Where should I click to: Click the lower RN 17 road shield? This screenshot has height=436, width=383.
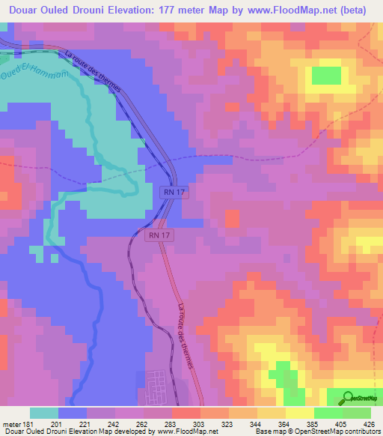point(156,235)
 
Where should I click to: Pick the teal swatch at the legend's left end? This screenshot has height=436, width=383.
point(43,413)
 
